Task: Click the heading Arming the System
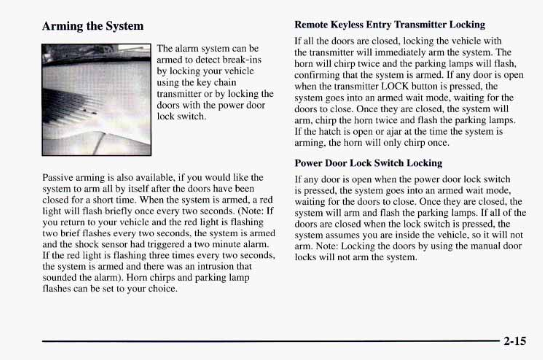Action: pyautogui.click(x=93, y=26)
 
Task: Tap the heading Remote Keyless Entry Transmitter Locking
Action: pyautogui.click(x=390, y=24)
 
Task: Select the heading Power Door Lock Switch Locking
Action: pyautogui.click(x=368, y=163)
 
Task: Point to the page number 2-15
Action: pyautogui.click(x=515, y=341)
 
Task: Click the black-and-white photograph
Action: pyautogui.click(x=96, y=100)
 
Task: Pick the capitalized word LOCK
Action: pyautogui.click(x=395, y=86)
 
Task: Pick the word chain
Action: pyautogui.click(x=225, y=82)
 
